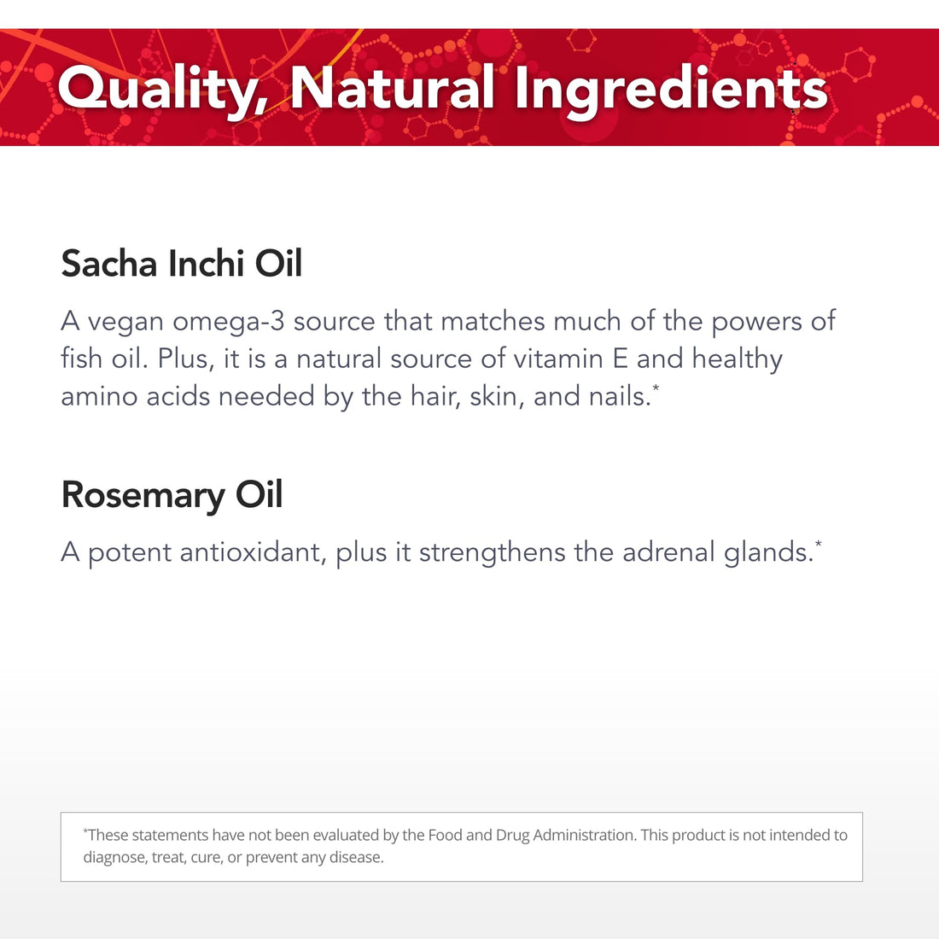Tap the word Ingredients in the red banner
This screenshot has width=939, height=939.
tap(671, 89)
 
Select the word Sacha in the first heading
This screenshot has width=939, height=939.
tap(109, 264)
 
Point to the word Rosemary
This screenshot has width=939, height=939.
tap(143, 495)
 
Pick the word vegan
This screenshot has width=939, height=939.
tap(125, 322)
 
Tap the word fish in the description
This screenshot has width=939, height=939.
tap(81, 359)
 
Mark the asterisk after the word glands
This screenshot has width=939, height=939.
tap(819, 543)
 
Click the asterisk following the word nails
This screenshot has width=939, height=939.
tap(656, 388)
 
